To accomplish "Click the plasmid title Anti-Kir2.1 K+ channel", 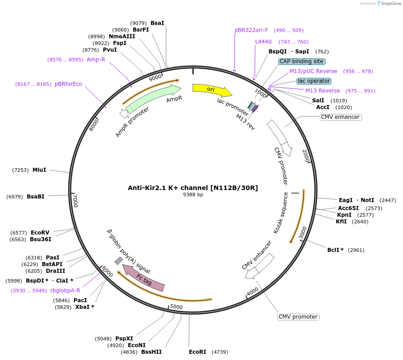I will pyautogui.click(x=193, y=188).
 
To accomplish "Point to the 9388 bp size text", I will pyautogui.click(x=193, y=194).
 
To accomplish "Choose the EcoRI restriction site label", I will pyautogui.click(x=197, y=352).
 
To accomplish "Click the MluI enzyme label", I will pyautogui.click(x=39, y=170).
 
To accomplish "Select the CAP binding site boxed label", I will pyautogui.click(x=302, y=61).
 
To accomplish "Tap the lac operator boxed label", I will pyautogui.click(x=314, y=81).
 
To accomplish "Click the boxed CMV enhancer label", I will pyautogui.click(x=340, y=117).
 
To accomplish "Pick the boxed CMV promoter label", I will pyautogui.click(x=298, y=317).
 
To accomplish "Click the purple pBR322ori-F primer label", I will pyautogui.click(x=252, y=30).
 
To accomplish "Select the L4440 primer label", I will pyautogui.click(x=263, y=42).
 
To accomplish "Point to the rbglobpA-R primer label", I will pyautogui.click(x=65, y=291).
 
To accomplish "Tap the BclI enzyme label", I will pyautogui.click(x=335, y=250).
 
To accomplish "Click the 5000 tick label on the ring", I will pyautogui.click(x=177, y=307).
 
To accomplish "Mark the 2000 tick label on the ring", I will pyautogui.click(x=306, y=156).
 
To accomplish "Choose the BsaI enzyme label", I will pyautogui.click(x=157, y=23).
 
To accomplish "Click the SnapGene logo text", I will pyautogui.click(x=391, y=4).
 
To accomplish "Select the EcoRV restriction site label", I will pyautogui.click(x=40, y=233).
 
